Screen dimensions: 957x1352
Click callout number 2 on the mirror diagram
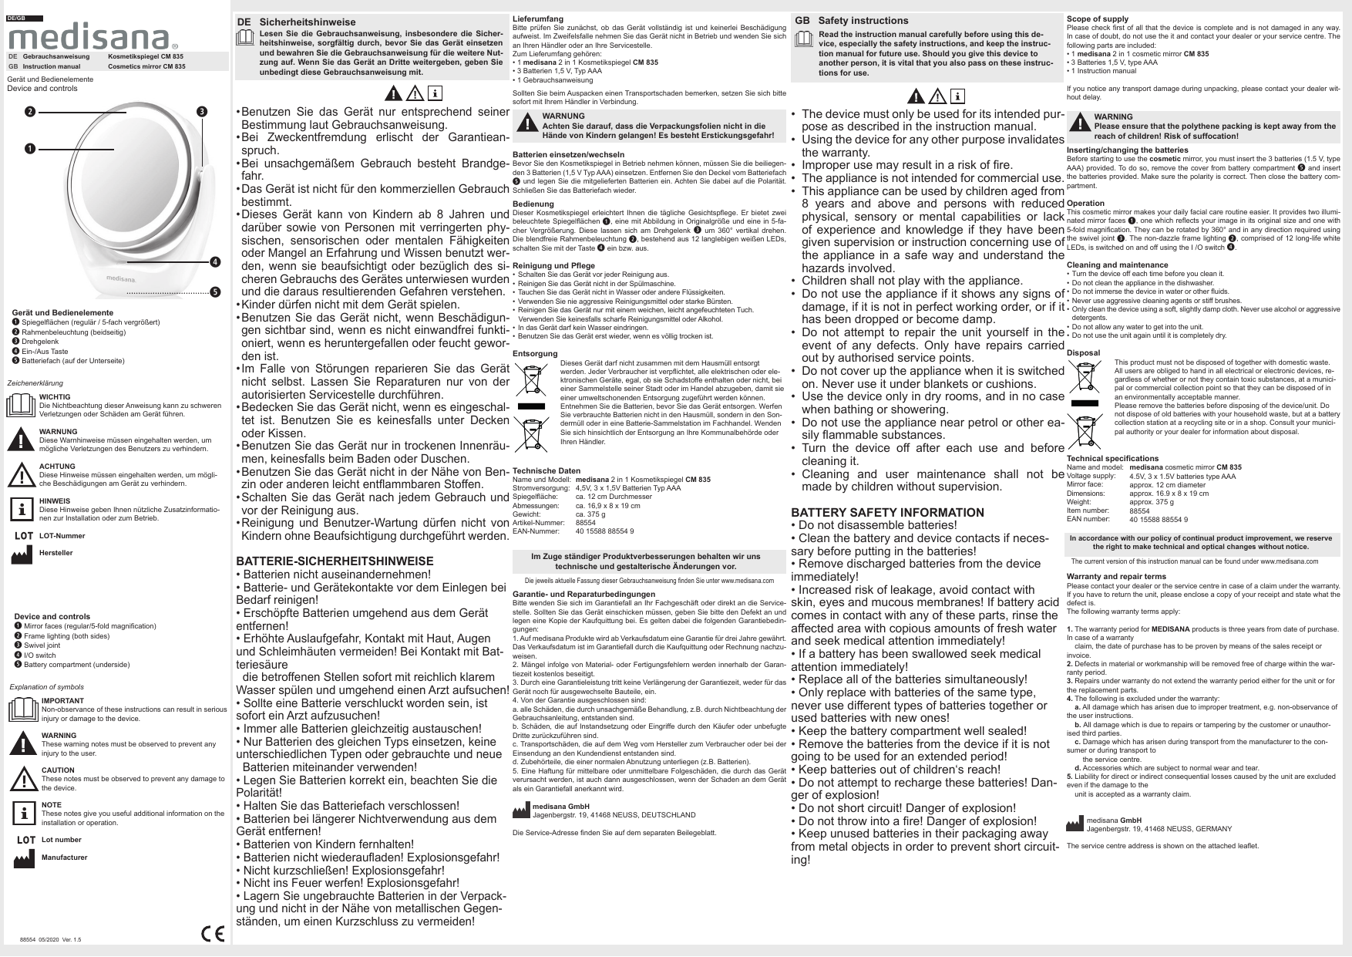[29, 112]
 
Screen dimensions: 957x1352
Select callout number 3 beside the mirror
[202, 112]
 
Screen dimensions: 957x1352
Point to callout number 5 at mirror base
[215, 292]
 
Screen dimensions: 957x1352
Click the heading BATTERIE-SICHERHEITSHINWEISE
[335, 561]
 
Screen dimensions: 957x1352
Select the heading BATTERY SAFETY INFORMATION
[887, 513]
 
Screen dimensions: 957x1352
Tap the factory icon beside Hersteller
[23, 553]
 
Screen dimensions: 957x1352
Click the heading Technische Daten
[547, 470]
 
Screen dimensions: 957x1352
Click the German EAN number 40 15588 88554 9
[605, 531]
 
